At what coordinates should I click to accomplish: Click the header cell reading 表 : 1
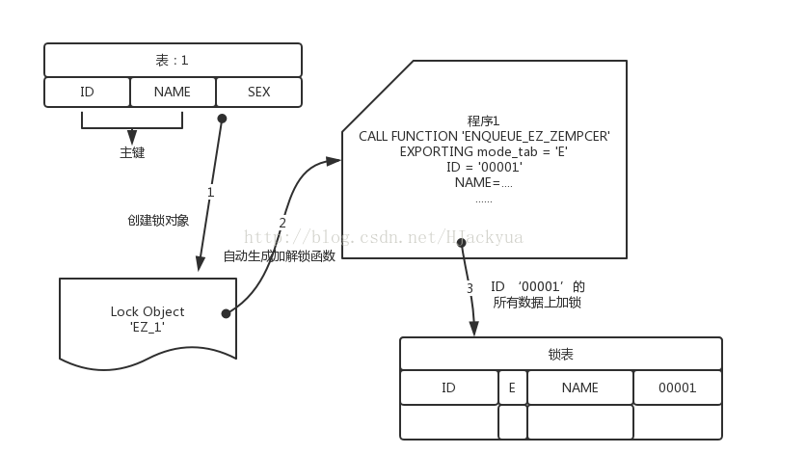pos(173,60)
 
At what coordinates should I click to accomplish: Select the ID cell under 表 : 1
pos(87,93)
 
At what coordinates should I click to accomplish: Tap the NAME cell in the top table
pos(173,93)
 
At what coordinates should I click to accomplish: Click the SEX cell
pos(258,93)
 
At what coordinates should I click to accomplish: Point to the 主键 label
pos(132,152)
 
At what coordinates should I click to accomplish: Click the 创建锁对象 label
pos(158,220)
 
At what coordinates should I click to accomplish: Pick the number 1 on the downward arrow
pos(210,193)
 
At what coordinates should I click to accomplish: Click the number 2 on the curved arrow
pos(282,223)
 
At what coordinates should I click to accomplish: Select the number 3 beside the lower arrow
pos(470,288)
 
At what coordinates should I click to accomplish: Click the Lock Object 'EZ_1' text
pos(148,319)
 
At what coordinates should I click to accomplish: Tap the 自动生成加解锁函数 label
pos(280,256)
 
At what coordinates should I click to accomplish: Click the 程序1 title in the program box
pos(483,121)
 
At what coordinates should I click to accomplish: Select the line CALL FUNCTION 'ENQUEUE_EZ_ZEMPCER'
pos(484,137)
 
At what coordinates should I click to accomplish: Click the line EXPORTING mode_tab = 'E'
pos(484,151)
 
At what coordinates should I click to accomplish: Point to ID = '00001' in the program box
pos(484,167)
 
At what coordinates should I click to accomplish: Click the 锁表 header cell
pos(560,355)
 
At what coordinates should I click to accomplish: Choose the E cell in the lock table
pos(512,387)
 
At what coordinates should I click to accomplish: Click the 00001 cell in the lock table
pos(677,387)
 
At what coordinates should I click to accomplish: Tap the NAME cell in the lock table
pos(579,387)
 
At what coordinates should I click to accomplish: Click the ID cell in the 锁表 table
pos(448,387)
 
